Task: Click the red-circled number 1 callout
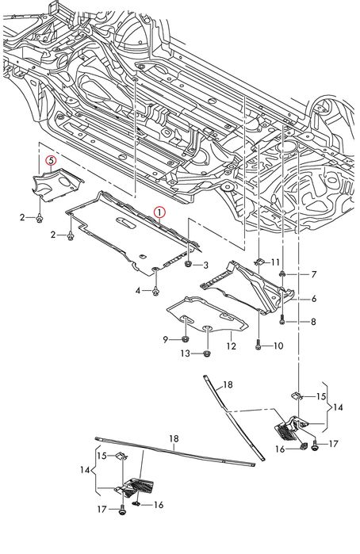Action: tap(159, 212)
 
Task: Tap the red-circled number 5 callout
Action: tap(52, 161)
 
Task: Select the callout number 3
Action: tap(206, 265)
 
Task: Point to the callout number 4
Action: tap(138, 290)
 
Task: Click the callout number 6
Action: tap(314, 299)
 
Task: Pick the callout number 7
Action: tap(314, 274)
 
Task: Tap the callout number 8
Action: tap(314, 322)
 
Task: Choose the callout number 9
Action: tap(166, 339)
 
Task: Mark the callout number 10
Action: tap(278, 346)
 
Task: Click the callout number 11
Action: tap(275, 262)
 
